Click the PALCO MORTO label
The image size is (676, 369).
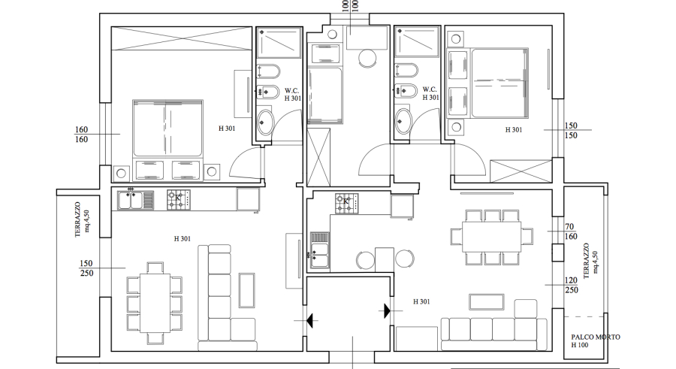[x=596, y=337]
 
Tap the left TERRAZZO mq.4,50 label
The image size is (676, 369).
[x=82, y=219]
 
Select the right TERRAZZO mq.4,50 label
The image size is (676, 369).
[x=590, y=261]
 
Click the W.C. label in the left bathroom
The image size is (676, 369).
[x=291, y=91]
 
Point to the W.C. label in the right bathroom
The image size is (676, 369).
[x=430, y=89]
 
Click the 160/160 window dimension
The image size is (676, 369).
[x=81, y=135]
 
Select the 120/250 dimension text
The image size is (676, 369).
[x=572, y=286]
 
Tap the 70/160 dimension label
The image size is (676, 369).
[x=570, y=231]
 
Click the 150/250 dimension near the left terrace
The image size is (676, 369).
[x=86, y=268]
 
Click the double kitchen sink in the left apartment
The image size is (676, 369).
[x=135, y=200]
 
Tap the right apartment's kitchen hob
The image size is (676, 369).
[x=346, y=203]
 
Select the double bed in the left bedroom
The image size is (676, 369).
[x=167, y=129]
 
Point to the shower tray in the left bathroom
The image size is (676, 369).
[x=279, y=43]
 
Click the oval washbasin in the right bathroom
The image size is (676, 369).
[x=404, y=121]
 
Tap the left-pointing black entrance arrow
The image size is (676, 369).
[x=310, y=321]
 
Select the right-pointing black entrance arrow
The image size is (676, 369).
[x=387, y=310]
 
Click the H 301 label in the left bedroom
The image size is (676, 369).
[x=227, y=129]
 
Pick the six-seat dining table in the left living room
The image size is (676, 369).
[x=155, y=303]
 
